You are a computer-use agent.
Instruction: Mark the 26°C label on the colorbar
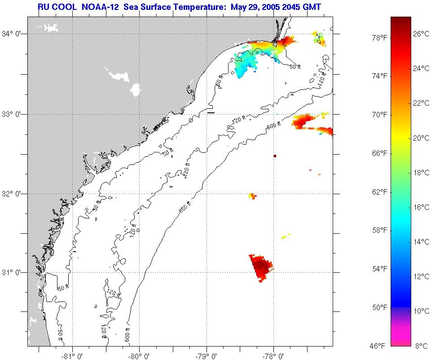click(x=421, y=34)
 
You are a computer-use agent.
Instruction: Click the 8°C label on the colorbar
click(x=421, y=346)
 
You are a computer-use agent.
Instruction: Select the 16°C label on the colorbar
click(x=421, y=207)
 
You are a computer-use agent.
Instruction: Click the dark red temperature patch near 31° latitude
click(x=261, y=266)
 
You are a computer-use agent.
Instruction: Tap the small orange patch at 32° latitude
click(x=252, y=196)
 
